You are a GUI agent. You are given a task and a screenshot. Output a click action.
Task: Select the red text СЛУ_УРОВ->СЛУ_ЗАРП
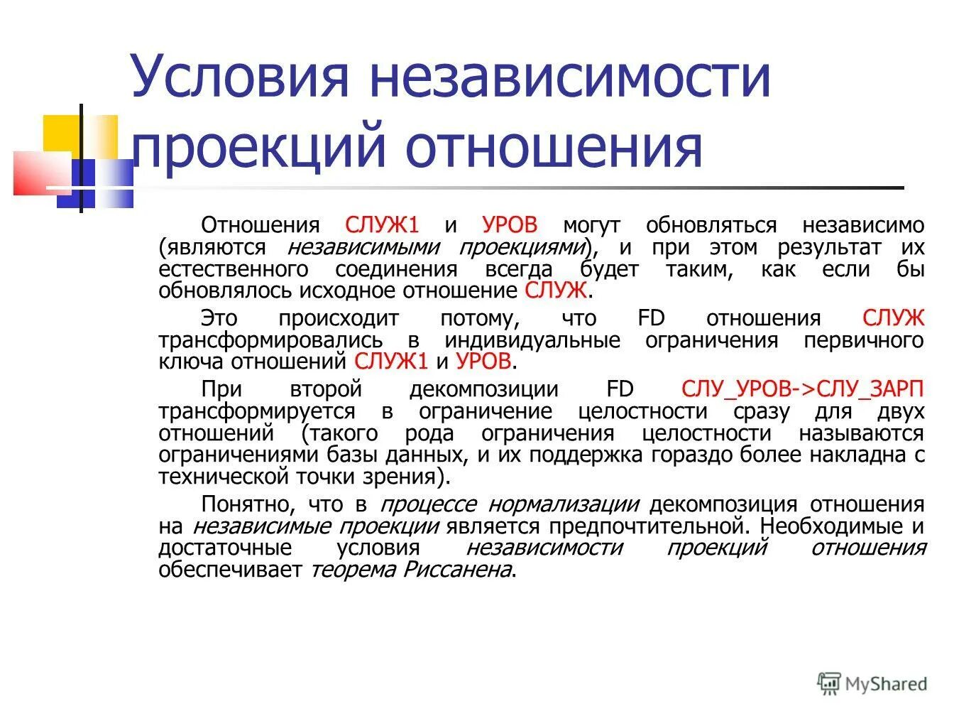click(x=803, y=389)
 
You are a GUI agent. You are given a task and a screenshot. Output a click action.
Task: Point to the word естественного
click(x=234, y=270)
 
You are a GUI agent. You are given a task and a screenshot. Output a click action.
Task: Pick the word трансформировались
click(x=270, y=340)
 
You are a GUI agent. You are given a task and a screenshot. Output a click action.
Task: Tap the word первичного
click(x=864, y=340)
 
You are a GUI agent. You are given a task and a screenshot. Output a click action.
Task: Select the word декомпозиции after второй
click(x=484, y=389)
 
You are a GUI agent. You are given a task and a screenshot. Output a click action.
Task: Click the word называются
click(x=862, y=433)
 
